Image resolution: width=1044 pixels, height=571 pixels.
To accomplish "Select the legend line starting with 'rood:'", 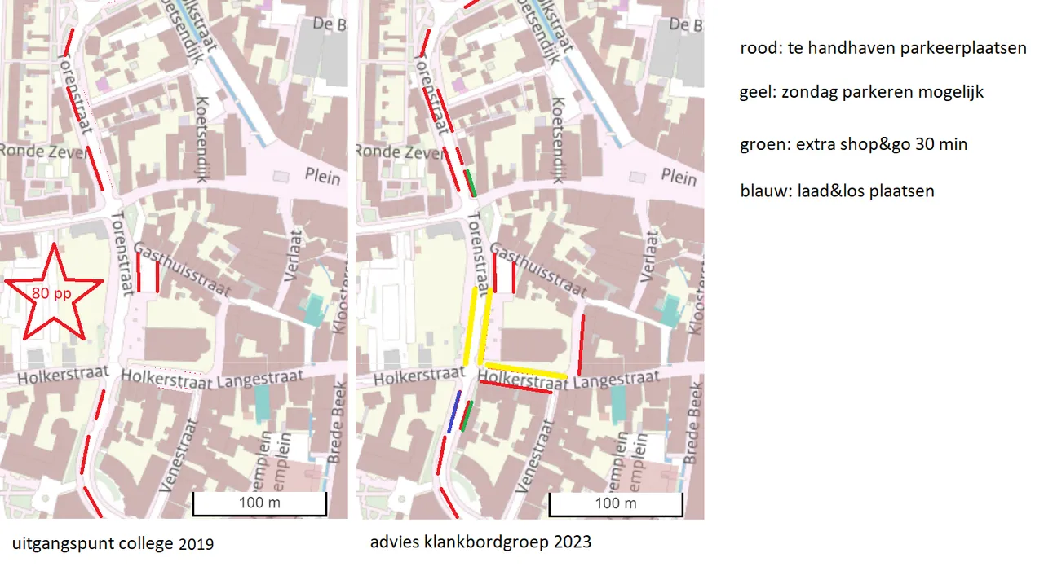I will point(883,49).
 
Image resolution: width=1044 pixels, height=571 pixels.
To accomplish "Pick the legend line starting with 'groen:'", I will point(853,145).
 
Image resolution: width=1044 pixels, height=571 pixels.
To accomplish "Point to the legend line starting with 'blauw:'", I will point(837,191).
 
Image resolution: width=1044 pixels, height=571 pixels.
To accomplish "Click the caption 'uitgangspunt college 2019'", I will point(113,543).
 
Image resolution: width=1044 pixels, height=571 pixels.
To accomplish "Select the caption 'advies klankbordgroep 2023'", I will point(480,542).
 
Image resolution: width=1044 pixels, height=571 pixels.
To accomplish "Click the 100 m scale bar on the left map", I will point(259,504).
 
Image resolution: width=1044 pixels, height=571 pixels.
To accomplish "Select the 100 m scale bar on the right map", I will point(616,504).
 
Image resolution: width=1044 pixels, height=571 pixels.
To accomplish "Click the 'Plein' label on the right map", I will point(679,178).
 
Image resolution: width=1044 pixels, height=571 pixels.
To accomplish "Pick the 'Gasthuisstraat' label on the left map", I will point(183,269).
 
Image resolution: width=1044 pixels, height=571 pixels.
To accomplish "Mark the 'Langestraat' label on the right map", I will point(617,380).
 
